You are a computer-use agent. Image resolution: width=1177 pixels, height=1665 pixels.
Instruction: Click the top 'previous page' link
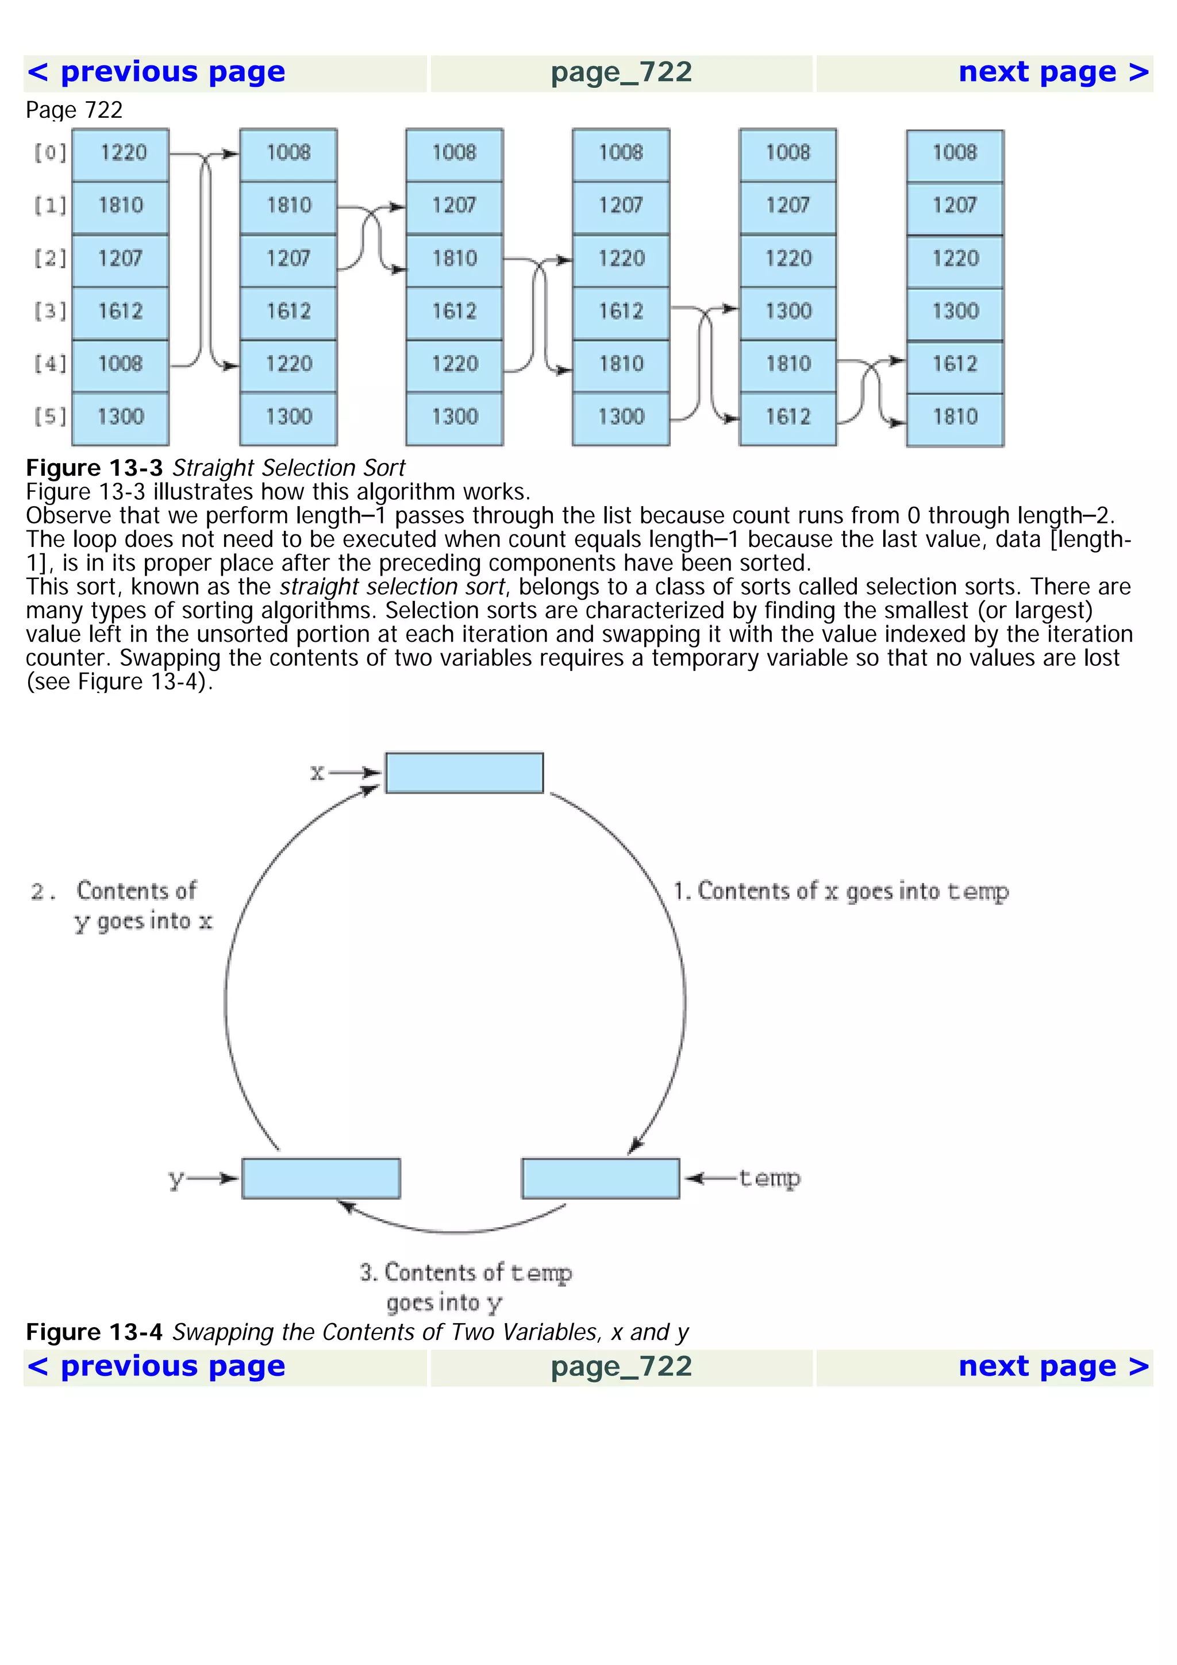pos(156,72)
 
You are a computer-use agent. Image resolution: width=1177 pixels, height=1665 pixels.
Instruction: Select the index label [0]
pos(50,152)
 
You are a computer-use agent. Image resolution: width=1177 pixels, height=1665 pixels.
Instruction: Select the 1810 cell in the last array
pos(955,417)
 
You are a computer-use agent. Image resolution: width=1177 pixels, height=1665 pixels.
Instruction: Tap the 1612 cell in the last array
pos(955,364)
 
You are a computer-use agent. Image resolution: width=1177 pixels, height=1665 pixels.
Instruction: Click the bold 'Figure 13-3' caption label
pos(94,468)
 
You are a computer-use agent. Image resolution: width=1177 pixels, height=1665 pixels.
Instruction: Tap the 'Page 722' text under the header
pos(74,110)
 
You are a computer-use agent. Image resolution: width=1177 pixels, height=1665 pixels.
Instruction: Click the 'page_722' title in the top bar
pos(621,72)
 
